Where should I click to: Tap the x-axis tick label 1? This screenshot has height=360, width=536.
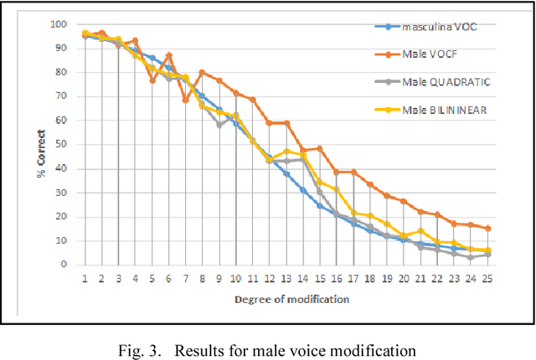pyautogui.click(x=85, y=277)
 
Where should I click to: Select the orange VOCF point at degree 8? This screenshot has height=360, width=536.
pyautogui.click(x=202, y=72)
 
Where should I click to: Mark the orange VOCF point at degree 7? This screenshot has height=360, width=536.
pyautogui.click(x=185, y=100)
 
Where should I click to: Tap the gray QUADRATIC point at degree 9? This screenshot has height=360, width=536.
pyautogui.click(x=219, y=125)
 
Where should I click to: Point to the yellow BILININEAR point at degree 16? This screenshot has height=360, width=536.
pyautogui.click(x=336, y=189)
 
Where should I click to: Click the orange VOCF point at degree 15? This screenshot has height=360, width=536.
pyautogui.click(x=319, y=148)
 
